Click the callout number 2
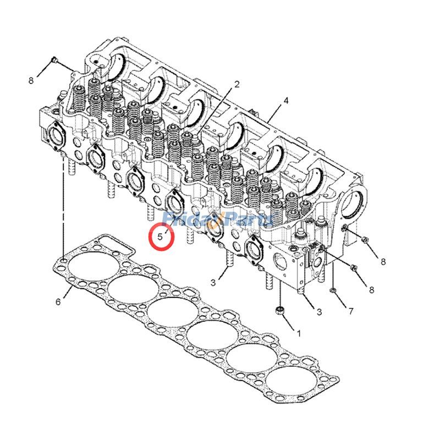[x=237, y=85]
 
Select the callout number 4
[x=286, y=101]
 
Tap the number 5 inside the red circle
[x=160, y=238]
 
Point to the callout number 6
[x=58, y=301]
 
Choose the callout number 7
[x=350, y=311]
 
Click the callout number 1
[x=299, y=333]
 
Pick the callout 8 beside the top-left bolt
[x=31, y=80]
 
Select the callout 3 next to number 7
[x=318, y=312]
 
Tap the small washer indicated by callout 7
[x=333, y=290]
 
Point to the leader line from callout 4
[x=273, y=112]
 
